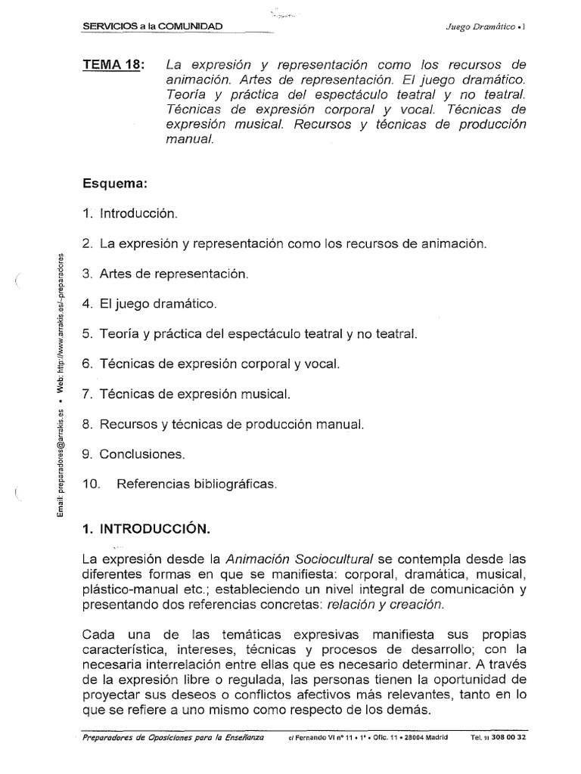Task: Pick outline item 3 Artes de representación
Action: (165, 273)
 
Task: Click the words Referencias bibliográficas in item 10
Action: (197, 485)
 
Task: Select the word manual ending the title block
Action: (188, 140)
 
